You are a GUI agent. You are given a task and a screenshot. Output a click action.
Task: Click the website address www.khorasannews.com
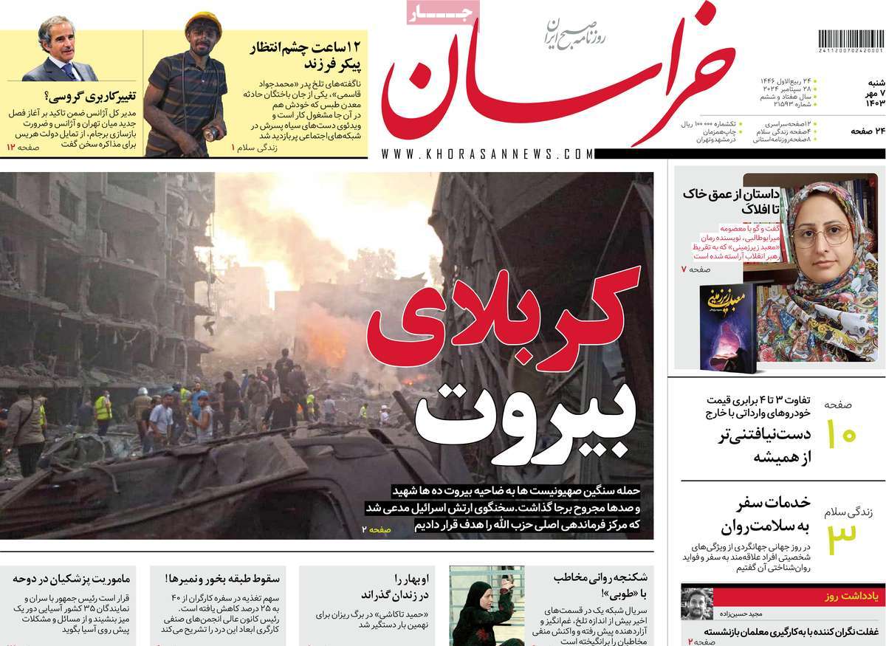pyautogui.click(x=487, y=154)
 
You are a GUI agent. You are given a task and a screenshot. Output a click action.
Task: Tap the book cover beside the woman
pyautogui.click(x=726, y=326)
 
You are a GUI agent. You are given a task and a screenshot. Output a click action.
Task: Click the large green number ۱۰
pyautogui.click(x=839, y=434)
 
